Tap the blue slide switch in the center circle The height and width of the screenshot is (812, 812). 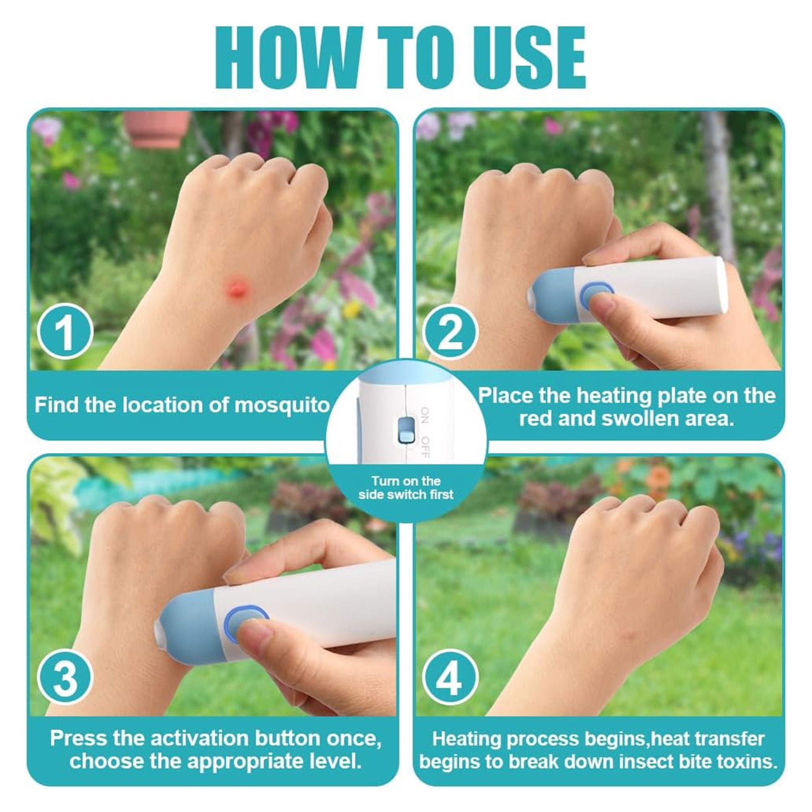click(406, 431)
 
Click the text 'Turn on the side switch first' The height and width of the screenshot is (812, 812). click(406, 488)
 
